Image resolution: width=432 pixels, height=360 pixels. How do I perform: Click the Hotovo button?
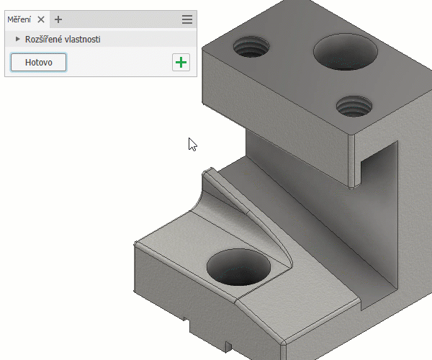(x=39, y=62)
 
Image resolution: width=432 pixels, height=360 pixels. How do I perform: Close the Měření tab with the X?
(x=41, y=19)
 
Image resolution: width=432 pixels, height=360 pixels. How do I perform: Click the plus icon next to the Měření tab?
(x=58, y=19)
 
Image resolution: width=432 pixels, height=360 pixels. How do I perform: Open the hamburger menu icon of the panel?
(x=187, y=19)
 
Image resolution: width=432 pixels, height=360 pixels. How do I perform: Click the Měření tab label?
(x=19, y=19)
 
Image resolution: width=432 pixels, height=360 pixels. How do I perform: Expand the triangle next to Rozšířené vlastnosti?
(x=17, y=39)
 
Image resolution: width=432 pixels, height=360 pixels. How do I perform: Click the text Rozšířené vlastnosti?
(x=63, y=40)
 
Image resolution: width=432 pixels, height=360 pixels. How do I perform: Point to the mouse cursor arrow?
(x=192, y=144)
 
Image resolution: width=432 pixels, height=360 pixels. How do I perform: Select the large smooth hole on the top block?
(x=346, y=52)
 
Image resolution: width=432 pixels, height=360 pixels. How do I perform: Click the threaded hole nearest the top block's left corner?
(x=251, y=47)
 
